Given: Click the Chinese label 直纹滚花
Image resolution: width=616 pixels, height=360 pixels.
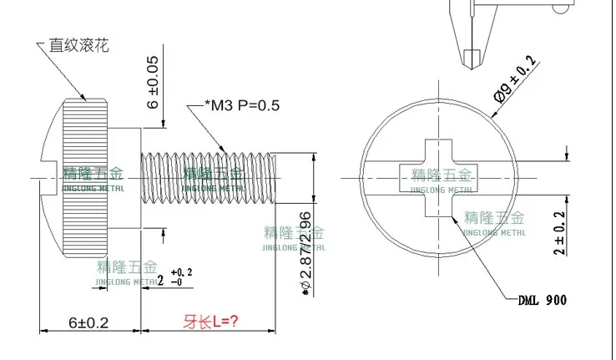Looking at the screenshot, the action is (78, 45).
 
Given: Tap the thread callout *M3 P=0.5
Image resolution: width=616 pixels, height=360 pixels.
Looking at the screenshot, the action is (242, 105).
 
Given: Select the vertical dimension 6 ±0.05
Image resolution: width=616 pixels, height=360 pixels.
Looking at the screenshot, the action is (153, 82).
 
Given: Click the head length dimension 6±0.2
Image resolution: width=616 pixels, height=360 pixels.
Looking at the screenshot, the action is (88, 322).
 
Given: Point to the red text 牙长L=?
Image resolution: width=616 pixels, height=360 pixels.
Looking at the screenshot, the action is (210, 322).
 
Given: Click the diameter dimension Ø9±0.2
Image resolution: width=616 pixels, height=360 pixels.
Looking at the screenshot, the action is (515, 79).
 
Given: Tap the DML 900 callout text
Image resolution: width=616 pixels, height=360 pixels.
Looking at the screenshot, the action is (543, 301).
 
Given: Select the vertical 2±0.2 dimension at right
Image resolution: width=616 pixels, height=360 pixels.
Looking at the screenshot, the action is (559, 233).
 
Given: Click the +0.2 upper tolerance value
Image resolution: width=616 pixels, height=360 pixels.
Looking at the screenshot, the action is (181, 272).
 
